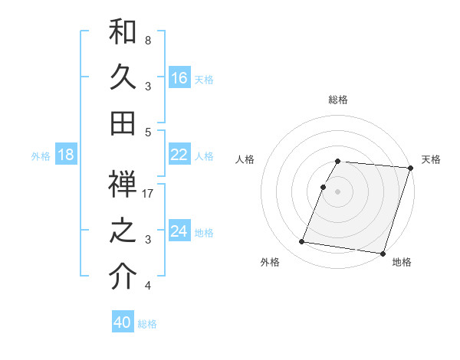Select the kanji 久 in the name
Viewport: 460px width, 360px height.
click(123, 77)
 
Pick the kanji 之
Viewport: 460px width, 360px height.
click(123, 231)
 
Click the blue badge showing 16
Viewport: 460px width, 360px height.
click(179, 78)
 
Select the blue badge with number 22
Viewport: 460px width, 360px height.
click(179, 155)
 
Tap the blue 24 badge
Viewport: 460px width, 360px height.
click(179, 231)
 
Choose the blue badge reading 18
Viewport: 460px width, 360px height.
click(66, 155)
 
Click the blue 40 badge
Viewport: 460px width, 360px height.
click(123, 322)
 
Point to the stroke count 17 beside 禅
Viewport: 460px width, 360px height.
click(149, 194)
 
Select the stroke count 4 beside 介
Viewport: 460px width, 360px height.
click(148, 286)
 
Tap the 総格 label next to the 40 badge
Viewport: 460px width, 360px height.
click(148, 324)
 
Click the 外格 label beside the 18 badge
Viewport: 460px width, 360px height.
click(41, 156)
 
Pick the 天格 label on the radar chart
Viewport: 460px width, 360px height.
click(431, 159)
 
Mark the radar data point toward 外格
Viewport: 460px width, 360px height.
click(302, 242)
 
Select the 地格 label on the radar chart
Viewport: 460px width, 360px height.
click(402, 263)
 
